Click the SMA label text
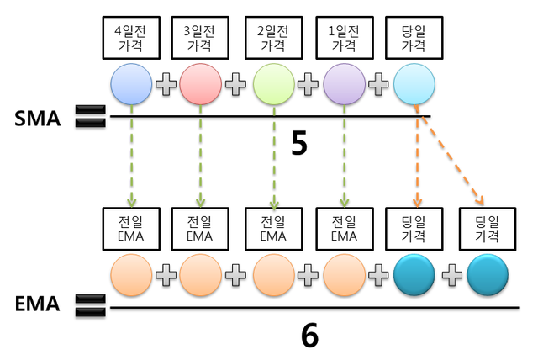(x=38, y=119)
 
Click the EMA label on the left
(x=38, y=304)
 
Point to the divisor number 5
(x=299, y=144)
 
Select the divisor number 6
(x=309, y=336)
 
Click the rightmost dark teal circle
(x=488, y=276)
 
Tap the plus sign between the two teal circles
(x=452, y=275)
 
